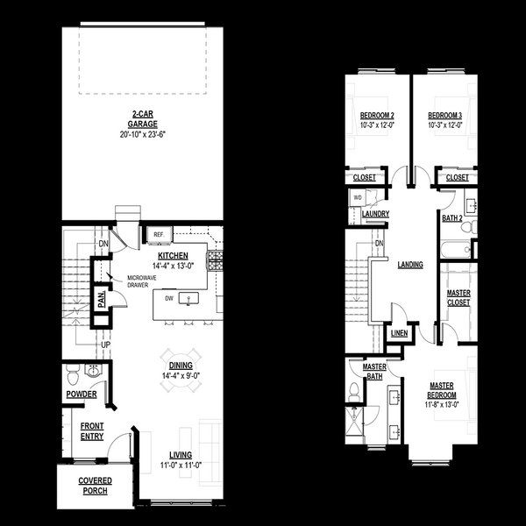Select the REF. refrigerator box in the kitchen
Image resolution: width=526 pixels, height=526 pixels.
pyautogui.click(x=160, y=235)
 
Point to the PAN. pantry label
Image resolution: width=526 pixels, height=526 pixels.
pyautogui.click(x=102, y=300)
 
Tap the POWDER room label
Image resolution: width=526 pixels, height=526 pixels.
pyautogui.click(x=82, y=394)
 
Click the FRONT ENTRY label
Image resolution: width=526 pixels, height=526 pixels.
pyautogui.click(x=92, y=430)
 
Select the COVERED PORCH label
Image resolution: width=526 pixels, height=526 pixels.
pyautogui.click(x=93, y=486)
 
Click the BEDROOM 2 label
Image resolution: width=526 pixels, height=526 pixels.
pyautogui.click(x=378, y=116)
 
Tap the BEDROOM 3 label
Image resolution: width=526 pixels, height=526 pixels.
pyautogui.click(x=445, y=116)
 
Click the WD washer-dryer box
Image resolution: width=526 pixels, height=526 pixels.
pyautogui.click(x=358, y=198)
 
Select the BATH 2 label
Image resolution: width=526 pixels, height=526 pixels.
pyautogui.click(x=452, y=217)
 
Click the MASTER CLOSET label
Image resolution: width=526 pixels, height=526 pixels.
pyautogui.click(x=458, y=297)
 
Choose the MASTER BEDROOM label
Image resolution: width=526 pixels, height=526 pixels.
pyautogui.click(x=444, y=390)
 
